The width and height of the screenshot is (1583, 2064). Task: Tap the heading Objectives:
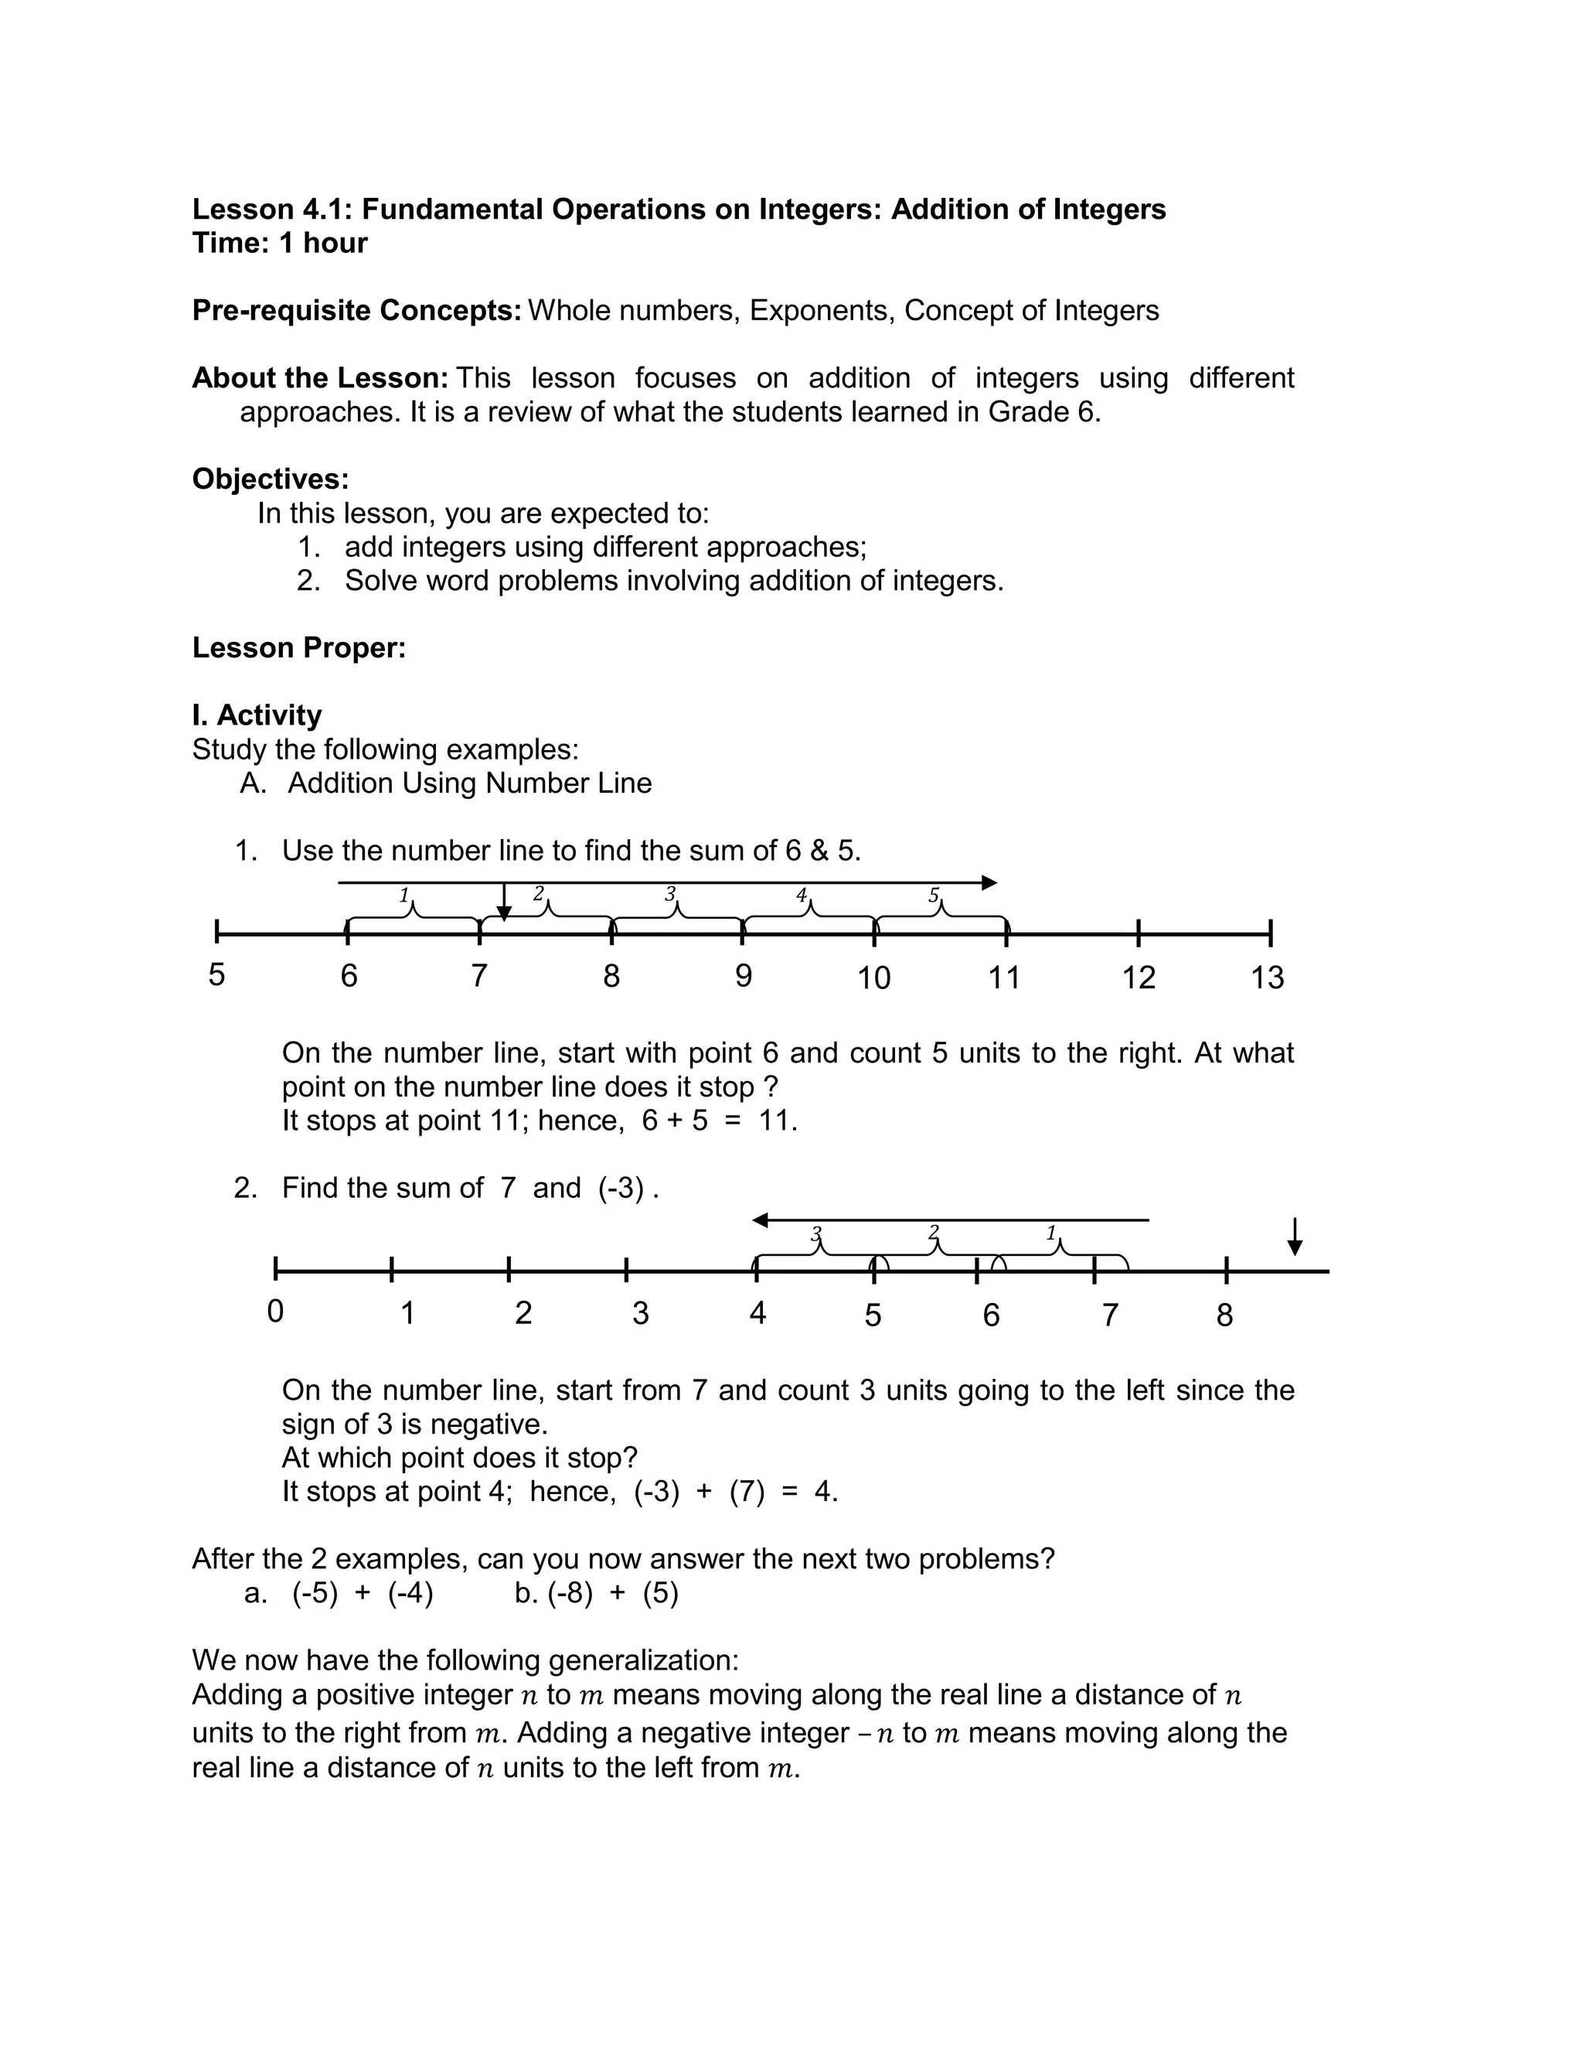pos(271,479)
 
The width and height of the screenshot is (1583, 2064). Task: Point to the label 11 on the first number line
pos(1003,977)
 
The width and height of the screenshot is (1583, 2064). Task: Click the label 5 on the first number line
pos(216,974)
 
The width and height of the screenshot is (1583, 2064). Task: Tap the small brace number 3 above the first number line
pos(670,893)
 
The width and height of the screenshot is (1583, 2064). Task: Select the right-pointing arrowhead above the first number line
pos(989,883)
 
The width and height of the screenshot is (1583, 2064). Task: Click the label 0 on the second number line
pos(275,1311)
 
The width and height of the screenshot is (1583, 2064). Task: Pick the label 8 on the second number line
pos(1224,1315)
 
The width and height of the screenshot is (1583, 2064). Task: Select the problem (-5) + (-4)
pos(362,1594)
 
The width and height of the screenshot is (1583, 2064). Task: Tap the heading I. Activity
pos(257,715)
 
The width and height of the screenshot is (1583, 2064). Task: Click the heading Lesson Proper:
pos(298,647)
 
